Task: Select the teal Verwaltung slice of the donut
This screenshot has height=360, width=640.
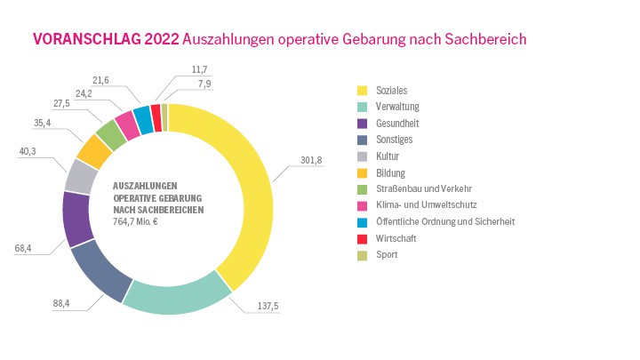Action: [178, 299]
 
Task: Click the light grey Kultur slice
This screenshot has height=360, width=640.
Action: [81, 176]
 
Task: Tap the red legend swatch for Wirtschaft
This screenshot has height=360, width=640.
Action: [362, 237]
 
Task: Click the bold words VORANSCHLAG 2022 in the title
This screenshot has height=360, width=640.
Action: [104, 39]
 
